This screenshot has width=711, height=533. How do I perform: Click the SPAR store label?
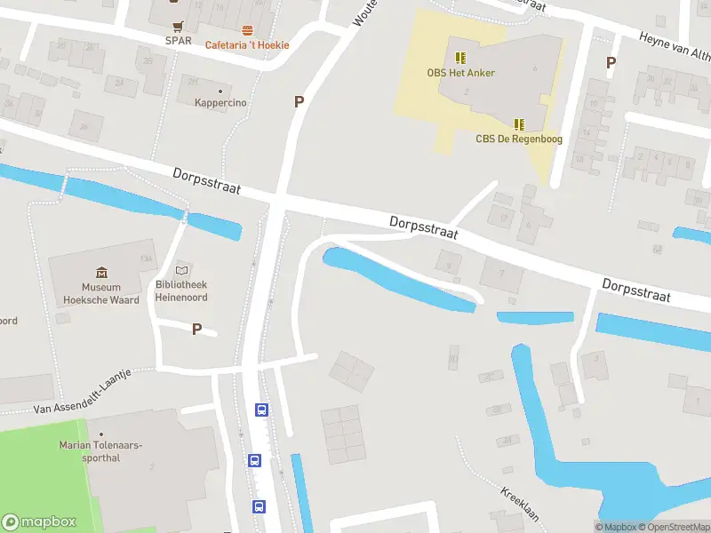(x=178, y=40)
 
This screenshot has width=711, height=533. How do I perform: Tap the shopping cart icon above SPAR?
(x=179, y=26)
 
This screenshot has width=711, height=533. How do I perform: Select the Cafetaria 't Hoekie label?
(x=248, y=44)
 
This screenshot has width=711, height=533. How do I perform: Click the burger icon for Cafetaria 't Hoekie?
(x=247, y=30)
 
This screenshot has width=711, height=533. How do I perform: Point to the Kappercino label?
(x=220, y=103)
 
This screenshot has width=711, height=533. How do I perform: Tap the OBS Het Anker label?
(x=460, y=73)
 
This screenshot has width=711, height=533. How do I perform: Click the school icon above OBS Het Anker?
(x=459, y=58)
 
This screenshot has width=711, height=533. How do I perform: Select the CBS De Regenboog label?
(x=519, y=139)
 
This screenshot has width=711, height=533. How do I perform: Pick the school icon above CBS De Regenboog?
(x=519, y=124)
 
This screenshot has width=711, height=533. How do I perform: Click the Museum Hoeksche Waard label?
(x=101, y=294)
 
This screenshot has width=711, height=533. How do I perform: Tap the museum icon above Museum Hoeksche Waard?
(x=101, y=273)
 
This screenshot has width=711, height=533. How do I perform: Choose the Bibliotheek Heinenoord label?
(x=181, y=290)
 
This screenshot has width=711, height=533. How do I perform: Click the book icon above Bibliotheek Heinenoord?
(x=182, y=269)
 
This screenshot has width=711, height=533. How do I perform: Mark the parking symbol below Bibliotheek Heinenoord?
(x=197, y=329)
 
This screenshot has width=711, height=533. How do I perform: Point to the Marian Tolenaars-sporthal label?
(x=100, y=451)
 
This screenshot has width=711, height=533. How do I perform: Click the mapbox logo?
(x=40, y=522)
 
